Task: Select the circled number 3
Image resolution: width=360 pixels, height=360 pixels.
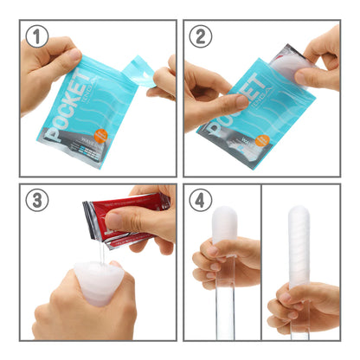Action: coord(36,201)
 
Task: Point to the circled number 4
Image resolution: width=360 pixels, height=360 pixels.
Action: coord(201,201)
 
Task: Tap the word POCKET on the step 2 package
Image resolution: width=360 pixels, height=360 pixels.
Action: coord(240,102)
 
